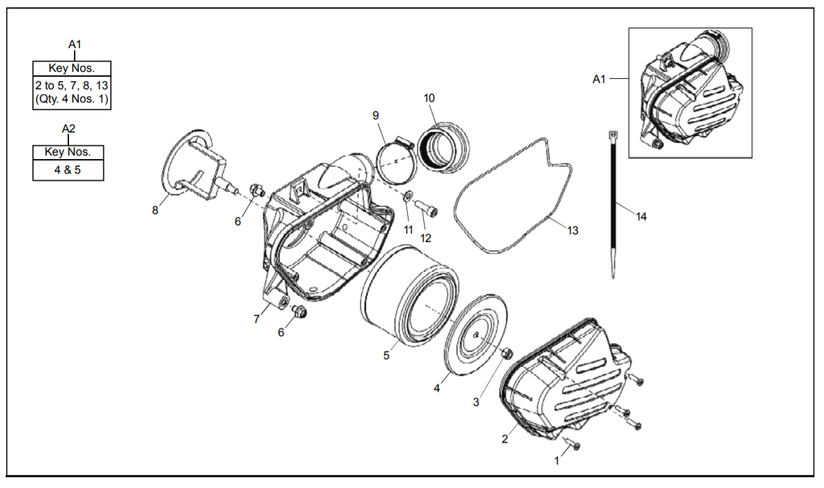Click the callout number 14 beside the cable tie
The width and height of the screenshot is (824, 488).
click(x=641, y=217)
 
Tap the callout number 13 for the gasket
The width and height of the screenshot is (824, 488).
click(x=572, y=230)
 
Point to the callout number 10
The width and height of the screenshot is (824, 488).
click(x=429, y=98)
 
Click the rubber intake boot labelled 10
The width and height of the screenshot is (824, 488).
click(x=443, y=147)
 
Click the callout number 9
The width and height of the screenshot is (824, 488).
click(x=375, y=114)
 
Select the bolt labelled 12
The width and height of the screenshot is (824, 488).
click(x=425, y=207)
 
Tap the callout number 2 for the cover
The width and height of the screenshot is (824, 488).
click(x=505, y=439)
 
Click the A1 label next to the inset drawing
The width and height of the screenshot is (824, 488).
click(x=599, y=79)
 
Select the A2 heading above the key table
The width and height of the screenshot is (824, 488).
click(x=68, y=128)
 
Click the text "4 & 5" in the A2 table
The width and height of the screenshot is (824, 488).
click(x=68, y=169)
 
